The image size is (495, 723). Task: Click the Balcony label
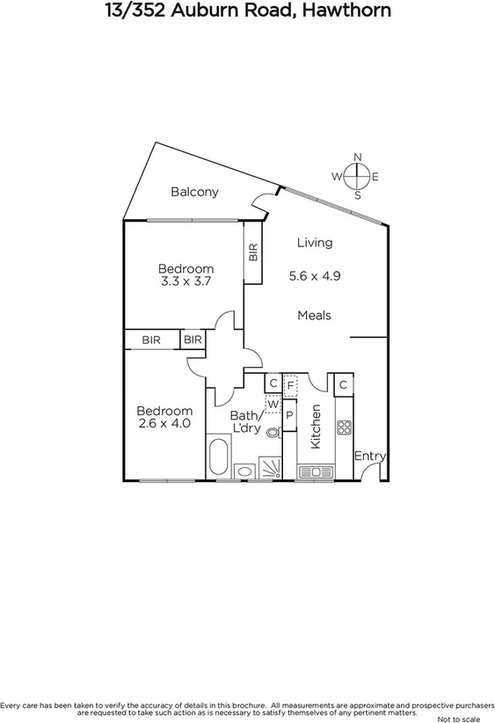click(194, 192)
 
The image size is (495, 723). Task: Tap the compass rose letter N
click(357, 157)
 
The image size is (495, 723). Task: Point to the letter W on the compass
click(336, 177)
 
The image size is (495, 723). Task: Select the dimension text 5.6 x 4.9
click(315, 275)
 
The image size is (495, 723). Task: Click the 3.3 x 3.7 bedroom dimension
click(186, 281)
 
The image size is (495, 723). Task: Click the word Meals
click(314, 315)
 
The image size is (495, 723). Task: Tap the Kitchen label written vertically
click(317, 427)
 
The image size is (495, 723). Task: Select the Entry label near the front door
click(370, 456)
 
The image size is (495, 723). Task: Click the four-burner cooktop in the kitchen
click(344, 428)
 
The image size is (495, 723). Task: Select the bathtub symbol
click(218, 456)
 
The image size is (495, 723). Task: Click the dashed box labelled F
click(290, 383)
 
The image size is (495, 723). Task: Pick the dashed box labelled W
click(273, 405)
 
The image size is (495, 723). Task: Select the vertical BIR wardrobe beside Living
click(253, 253)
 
